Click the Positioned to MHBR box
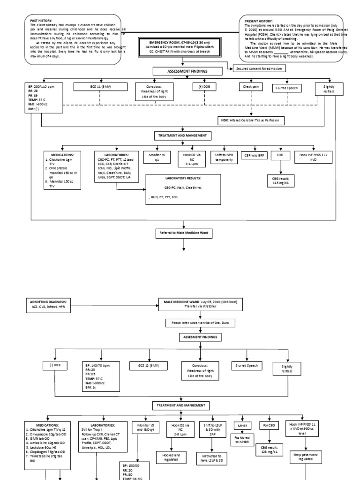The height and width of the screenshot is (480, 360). [x=247, y=442]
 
